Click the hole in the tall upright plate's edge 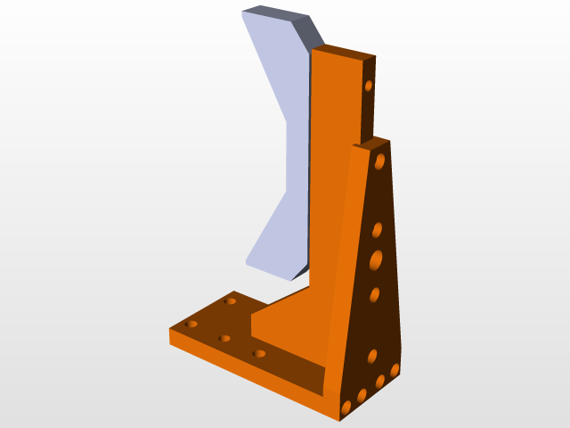[x=368, y=86]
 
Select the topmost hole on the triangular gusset [x=380, y=161]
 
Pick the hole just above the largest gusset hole [x=377, y=230]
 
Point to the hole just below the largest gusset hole [x=375, y=295]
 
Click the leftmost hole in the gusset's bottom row [x=346, y=407]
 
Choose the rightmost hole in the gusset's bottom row [x=395, y=369]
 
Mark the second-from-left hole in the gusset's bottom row [x=362, y=395]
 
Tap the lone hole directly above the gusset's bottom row [x=372, y=357]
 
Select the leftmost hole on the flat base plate [x=191, y=324]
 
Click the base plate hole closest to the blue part [x=231, y=301]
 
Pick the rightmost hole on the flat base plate [x=259, y=354]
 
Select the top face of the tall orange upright [x=344, y=52]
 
